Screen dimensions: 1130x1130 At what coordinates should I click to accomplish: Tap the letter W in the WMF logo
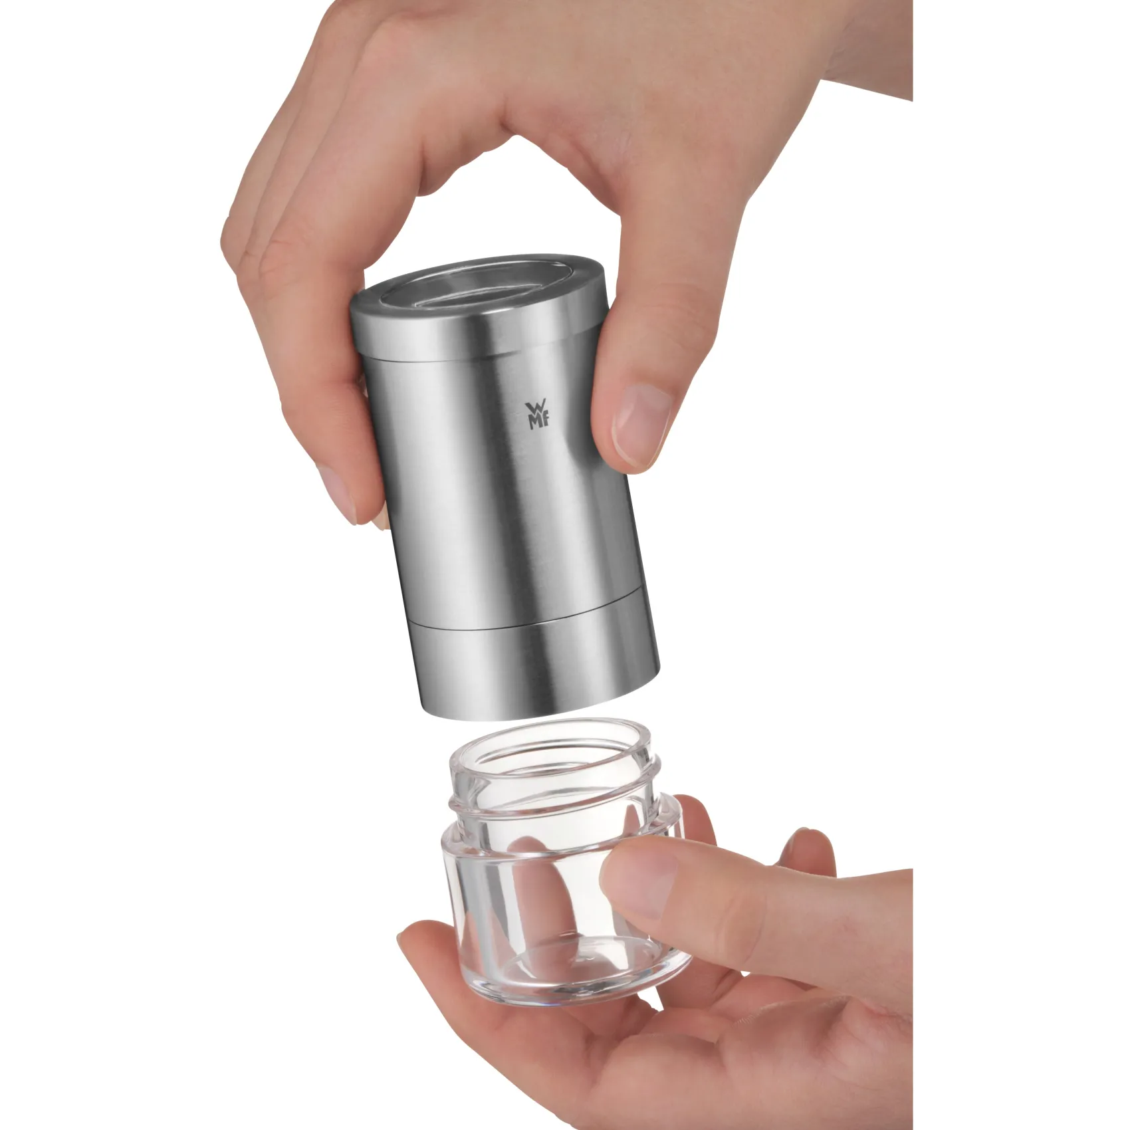[x=535, y=408]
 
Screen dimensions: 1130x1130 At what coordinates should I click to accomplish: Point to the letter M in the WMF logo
[x=534, y=423]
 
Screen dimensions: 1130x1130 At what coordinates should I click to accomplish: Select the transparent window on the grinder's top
[x=479, y=287]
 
